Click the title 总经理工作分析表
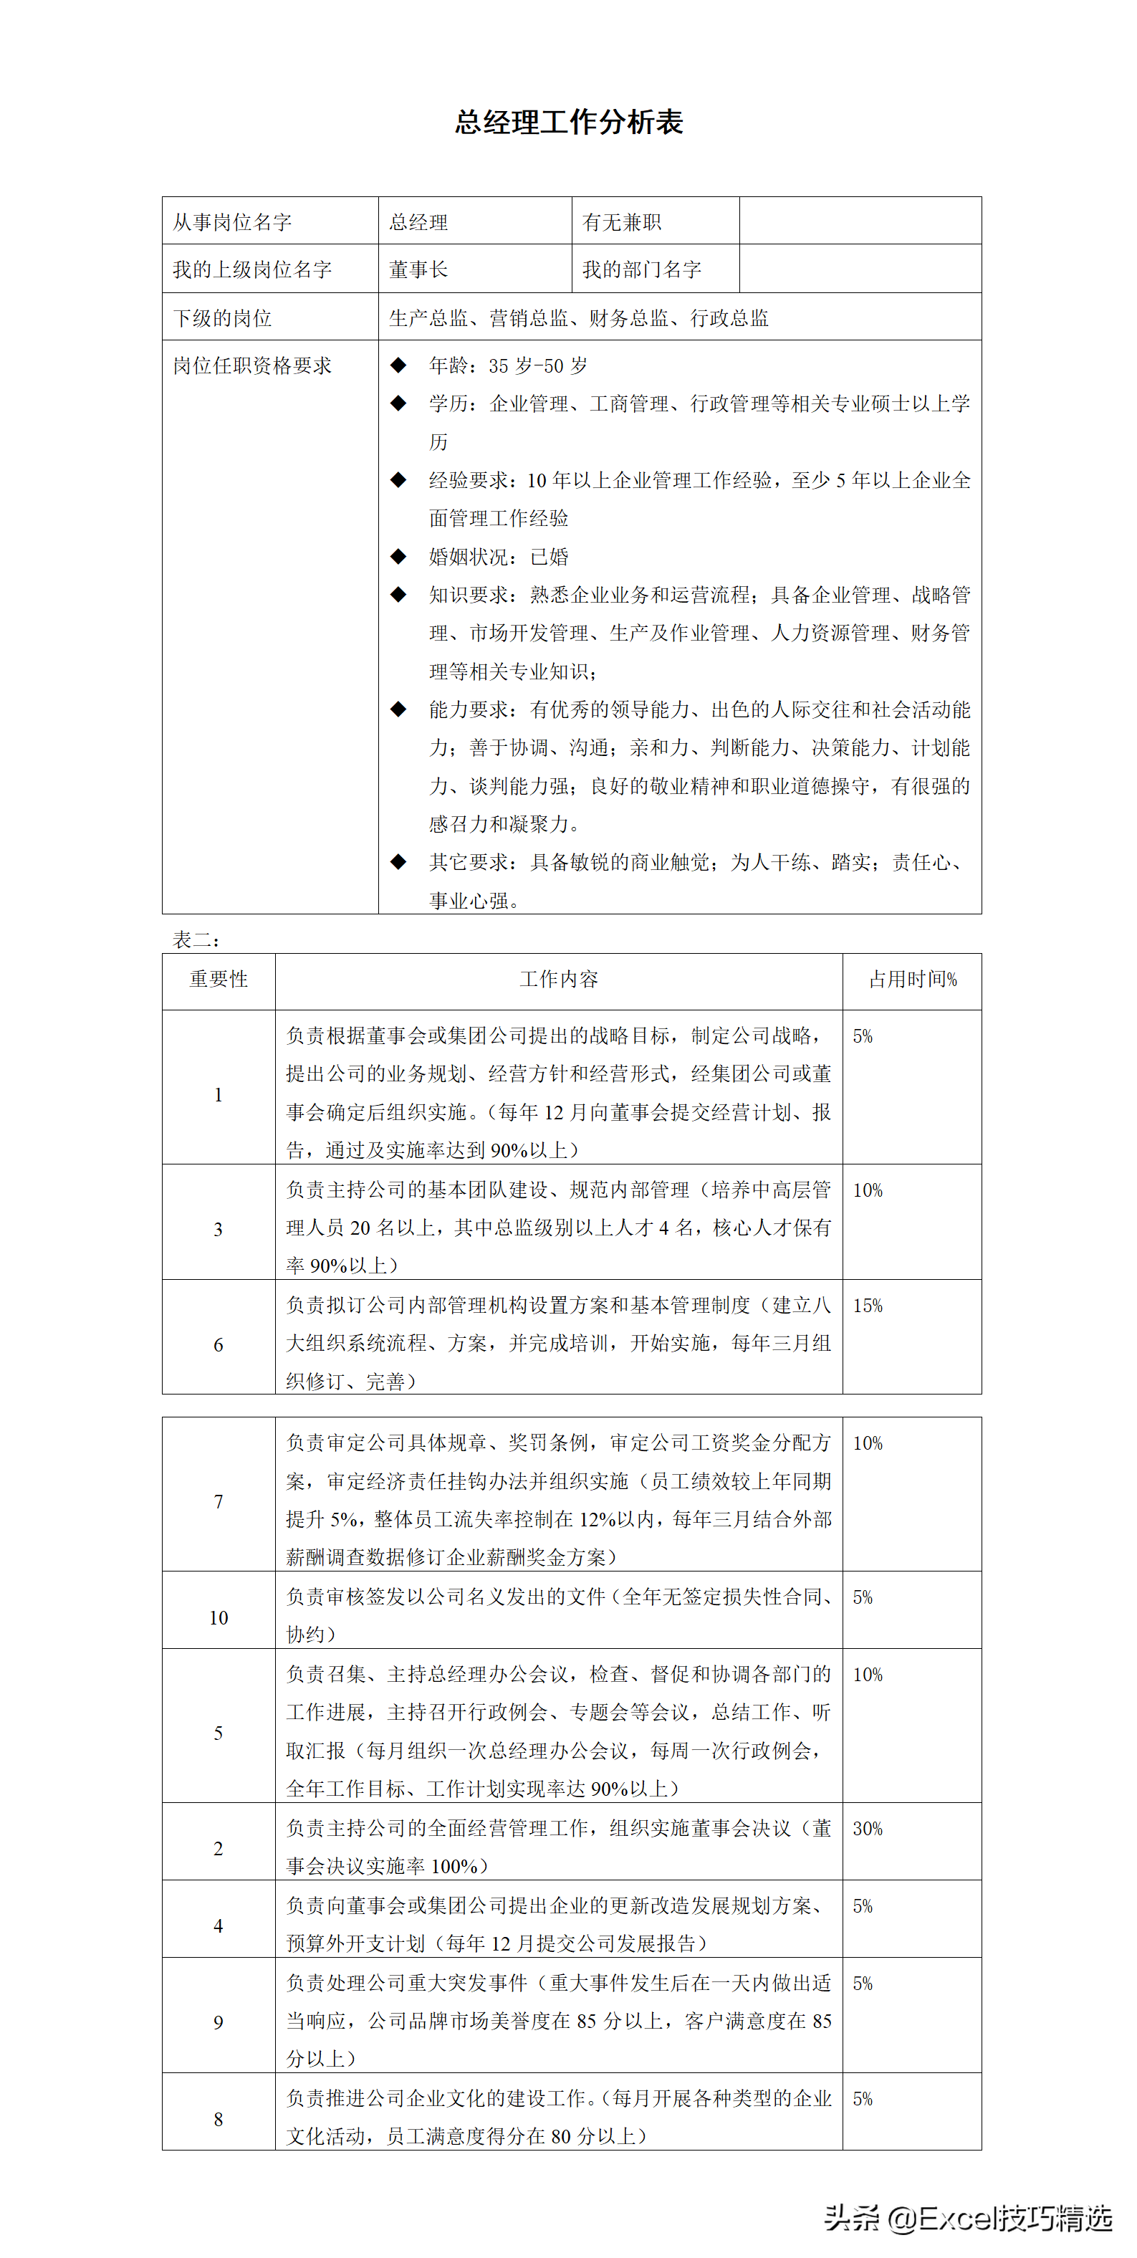568,123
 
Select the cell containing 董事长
418,269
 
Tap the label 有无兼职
622,221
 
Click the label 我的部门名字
642,269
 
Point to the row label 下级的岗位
223,317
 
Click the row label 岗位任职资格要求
252,365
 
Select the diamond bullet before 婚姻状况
399,557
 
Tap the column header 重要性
219,979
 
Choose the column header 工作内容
558,979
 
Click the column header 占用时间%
913,979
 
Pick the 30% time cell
868,1829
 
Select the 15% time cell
868,1305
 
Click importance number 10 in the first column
219,1618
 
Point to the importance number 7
219,1501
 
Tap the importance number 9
219,2022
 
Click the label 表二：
196,939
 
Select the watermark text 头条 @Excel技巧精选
968,2219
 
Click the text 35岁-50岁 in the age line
538,365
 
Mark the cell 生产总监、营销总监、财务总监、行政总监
579,317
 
